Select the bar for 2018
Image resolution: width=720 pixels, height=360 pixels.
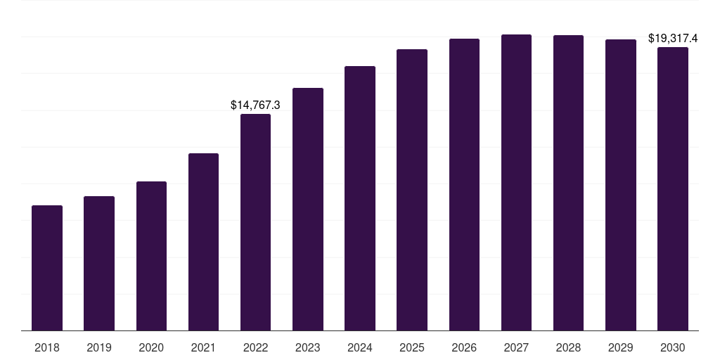click(47, 268)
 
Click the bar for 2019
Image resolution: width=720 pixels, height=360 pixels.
click(99, 264)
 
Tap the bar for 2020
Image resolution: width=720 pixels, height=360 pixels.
click(151, 256)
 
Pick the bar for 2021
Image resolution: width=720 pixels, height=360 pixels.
click(203, 242)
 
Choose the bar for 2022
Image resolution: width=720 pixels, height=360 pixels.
click(255, 222)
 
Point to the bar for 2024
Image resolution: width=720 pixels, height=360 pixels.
click(360, 198)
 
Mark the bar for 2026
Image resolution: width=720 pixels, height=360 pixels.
click(464, 185)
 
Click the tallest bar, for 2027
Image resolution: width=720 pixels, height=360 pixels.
click(516, 183)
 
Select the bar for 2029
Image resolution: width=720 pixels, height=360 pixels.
click(621, 185)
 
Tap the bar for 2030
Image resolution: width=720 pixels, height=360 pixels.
click(673, 189)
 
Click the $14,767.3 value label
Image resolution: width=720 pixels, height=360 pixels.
click(255, 105)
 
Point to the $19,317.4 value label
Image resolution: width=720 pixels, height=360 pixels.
click(673, 38)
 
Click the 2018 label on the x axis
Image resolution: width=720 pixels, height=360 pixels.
click(47, 347)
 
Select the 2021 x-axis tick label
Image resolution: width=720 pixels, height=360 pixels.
click(203, 347)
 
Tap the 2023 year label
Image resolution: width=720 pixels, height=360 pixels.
click(308, 347)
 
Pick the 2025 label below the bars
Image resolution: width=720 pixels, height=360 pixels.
click(412, 347)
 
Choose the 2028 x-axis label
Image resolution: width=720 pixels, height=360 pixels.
click(568, 347)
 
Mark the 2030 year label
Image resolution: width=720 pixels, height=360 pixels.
click(673, 347)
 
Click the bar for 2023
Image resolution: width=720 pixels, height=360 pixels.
click(308, 210)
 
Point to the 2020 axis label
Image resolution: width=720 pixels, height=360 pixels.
click(151, 347)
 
